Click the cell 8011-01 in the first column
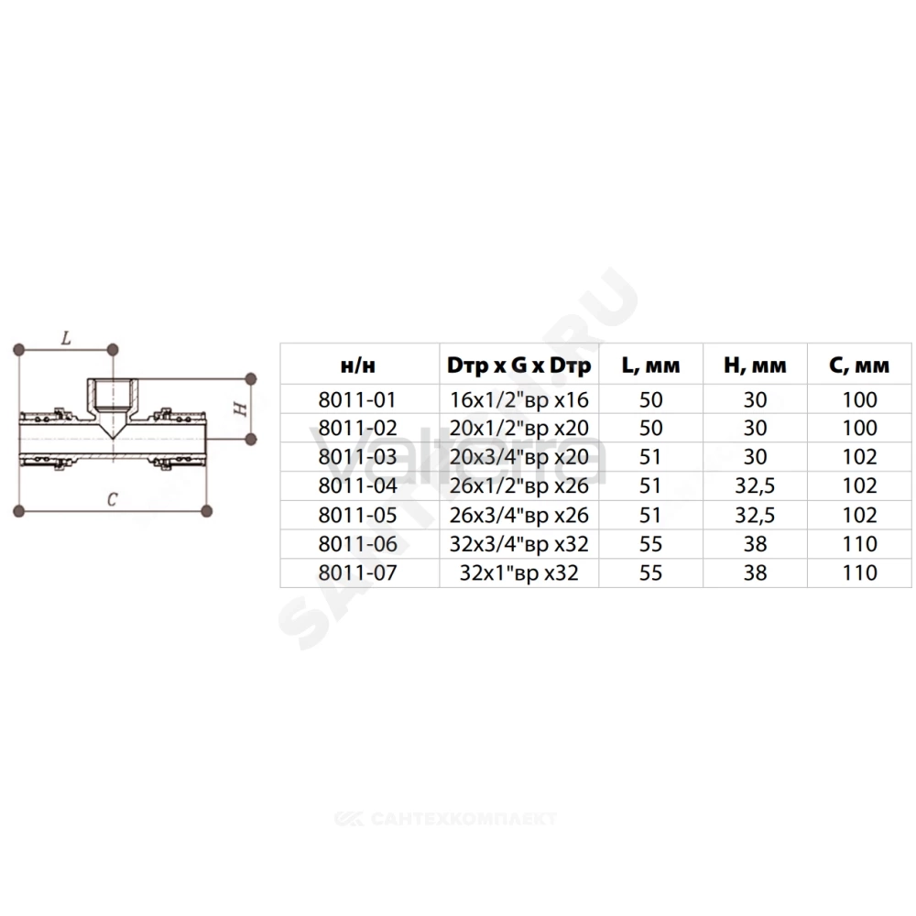(x=357, y=399)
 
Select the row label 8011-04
(x=357, y=485)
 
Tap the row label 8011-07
(x=357, y=572)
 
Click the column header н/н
(x=357, y=365)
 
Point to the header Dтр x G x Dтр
(x=518, y=365)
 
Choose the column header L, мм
(x=650, y=365)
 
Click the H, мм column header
(x=755, y=365)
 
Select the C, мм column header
(x=859, y=365)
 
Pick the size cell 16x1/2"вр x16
(x=518, y=399)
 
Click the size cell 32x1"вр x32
(x=518, y=572)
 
